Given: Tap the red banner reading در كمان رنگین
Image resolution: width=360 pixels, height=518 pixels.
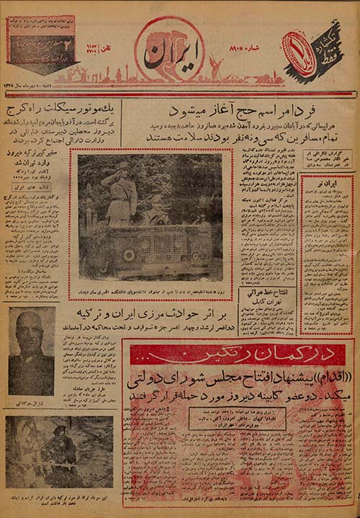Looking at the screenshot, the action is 238,354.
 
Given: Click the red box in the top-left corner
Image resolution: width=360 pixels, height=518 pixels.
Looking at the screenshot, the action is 41,43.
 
